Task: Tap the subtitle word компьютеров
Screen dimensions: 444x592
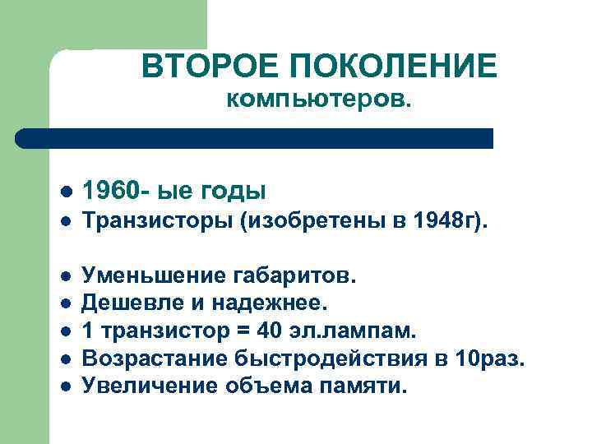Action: pyautogui.click(x=321, y=100)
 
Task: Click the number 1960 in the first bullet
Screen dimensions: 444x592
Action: pyautogui.click(x=116, y=191)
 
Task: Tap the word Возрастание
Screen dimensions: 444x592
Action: pyautogui.click(x=160, y=358)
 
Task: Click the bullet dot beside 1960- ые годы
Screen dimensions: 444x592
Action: pyautogui.click(x=66, y=192)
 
